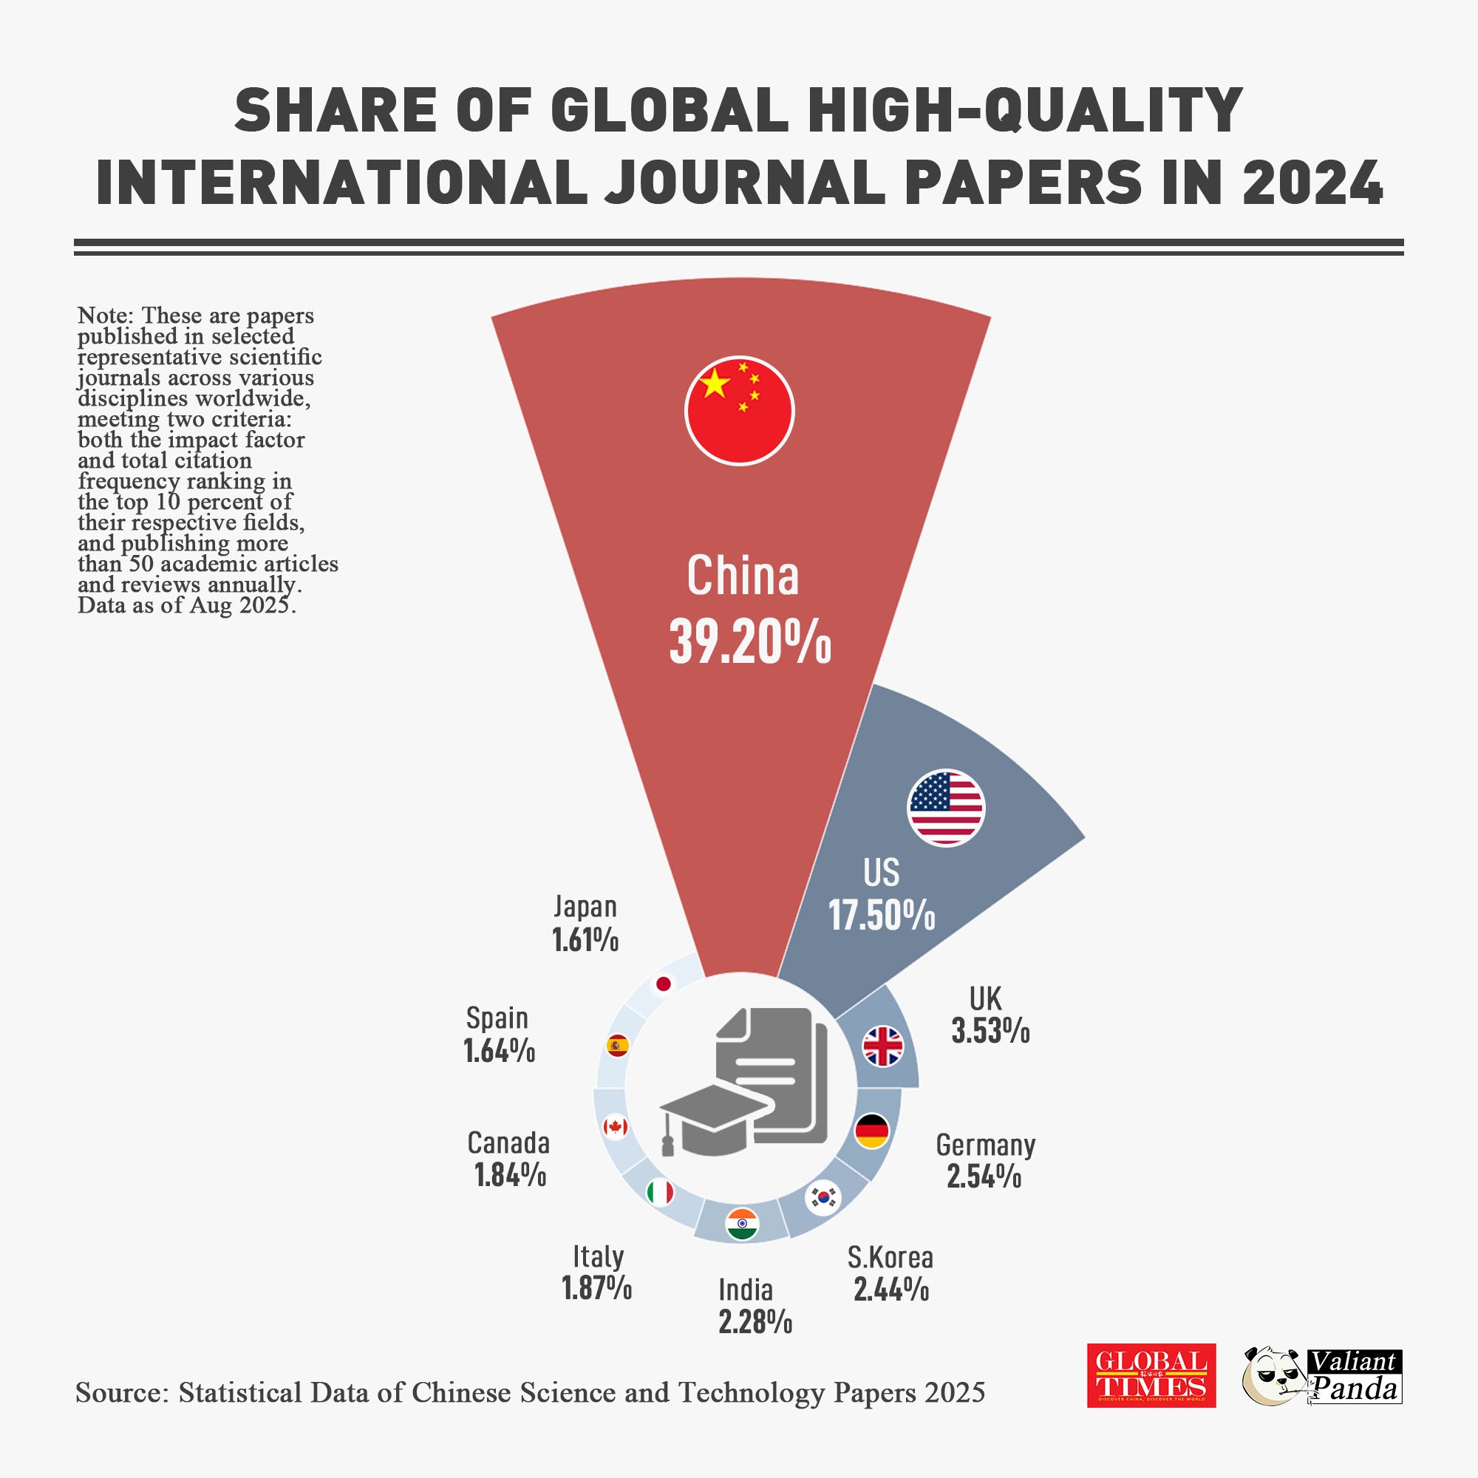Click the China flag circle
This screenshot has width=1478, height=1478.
click(739, 411)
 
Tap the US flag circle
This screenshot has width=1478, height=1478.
click(946, 808)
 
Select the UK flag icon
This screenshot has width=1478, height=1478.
click(883, 1046)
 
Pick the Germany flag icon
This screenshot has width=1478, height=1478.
click(871, 1131)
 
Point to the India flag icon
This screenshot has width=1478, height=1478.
click(741, 1224)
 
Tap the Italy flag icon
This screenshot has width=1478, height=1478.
click(659, 1192)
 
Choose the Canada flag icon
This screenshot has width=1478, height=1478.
click(615, 1127)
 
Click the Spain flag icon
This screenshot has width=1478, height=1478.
click(617, 1045)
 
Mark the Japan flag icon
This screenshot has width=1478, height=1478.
click(664, 984)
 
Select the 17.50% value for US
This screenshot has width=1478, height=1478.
click(882, 915)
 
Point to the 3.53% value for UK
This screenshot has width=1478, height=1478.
click(991, 1031)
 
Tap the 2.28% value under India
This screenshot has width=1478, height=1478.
click(755, 1321)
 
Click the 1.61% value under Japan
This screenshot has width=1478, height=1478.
click(585, 939)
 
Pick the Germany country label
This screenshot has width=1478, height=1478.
click(985, 1145)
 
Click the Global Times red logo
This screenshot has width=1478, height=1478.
click(1151, 1375)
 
